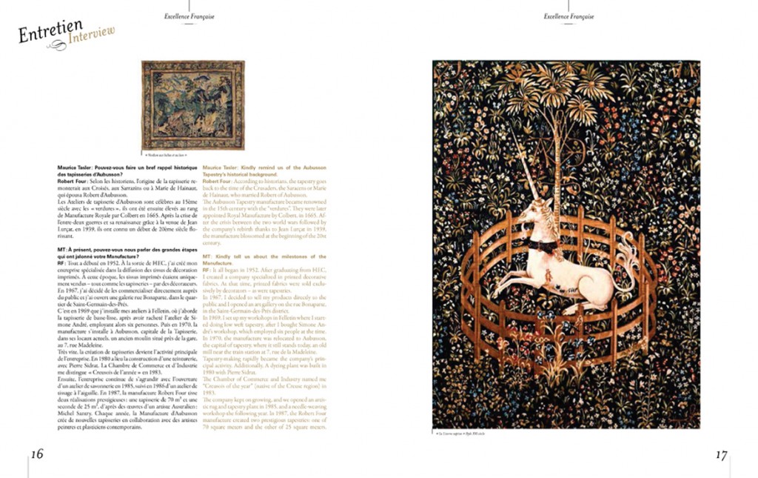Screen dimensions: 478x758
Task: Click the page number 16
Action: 37,454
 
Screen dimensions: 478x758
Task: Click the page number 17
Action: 721,455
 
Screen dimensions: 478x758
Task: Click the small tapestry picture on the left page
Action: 192,105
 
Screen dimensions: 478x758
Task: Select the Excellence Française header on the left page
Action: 189,16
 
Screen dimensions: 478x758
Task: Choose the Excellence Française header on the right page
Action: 568,16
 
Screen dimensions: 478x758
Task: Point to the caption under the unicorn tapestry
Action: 459,433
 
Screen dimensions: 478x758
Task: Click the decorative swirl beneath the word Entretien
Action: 56,45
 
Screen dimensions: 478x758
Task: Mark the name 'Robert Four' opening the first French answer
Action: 72,181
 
